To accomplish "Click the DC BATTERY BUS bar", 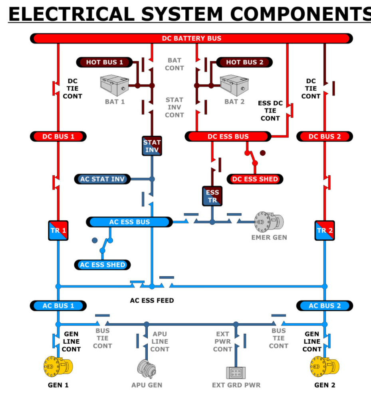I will click(191, 38).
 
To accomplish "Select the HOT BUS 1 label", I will click(104, 62).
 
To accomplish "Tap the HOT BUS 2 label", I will click(244, 62).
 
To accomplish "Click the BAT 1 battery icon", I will click(114, 85).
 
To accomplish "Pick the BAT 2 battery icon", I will click(234, 85).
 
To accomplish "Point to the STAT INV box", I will click(152, 146).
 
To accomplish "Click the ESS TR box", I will click(212, 196).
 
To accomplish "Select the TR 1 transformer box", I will click(58, 230).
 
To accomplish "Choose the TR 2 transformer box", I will click(325, 230).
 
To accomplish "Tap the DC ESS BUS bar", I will click(228, 137).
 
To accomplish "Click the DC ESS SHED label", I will click(255, 179).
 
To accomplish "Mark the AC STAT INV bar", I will click(103, 179).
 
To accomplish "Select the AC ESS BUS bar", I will click(129, 222).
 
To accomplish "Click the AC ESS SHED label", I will click(103, 265).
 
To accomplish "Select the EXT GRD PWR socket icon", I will click(236, 373).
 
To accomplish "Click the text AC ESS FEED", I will click(152, 300).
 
